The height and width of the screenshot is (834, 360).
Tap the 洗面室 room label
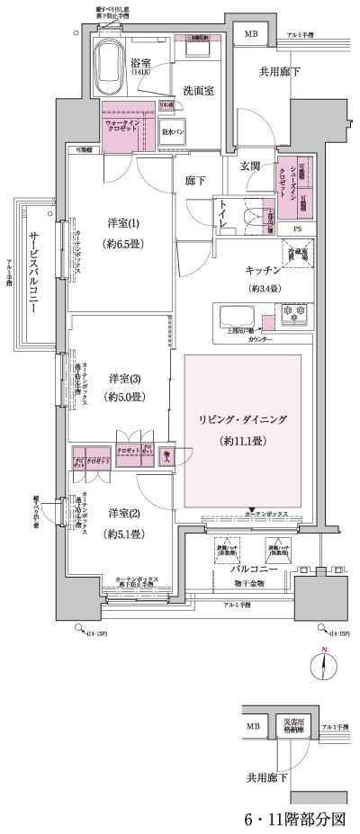[x=197, y=90]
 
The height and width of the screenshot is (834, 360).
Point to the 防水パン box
[x=173, y=131]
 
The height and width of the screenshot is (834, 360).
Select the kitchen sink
[x=236, y=318]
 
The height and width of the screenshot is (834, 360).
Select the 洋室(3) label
[x=125, y=377]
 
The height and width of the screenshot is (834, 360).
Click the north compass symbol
[x=325, y=668]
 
